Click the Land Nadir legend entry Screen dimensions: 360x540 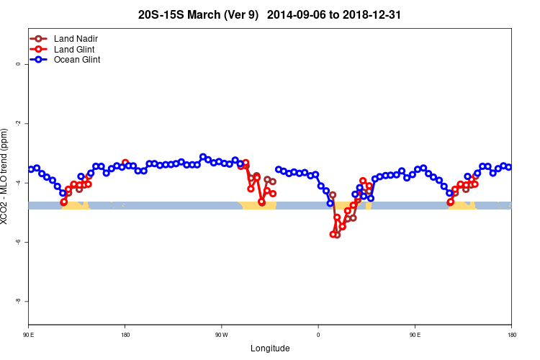pyautogui.click(x=76, y=38)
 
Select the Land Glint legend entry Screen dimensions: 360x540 pyautogui.click(x=74, y=49)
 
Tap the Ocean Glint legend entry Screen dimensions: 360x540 pyautogui.click(x=76, y=60)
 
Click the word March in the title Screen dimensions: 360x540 pyautogui.click(x=199, y=14)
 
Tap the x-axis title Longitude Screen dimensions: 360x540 pyautogui.click(x=270, y=348)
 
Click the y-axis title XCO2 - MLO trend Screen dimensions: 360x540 pyautogui.click(x=6, y=176)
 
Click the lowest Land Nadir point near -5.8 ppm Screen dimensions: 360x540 pyautogui.click(x=337, y=235)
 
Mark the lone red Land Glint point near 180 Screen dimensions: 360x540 pyautogui.click(x=125, y=163)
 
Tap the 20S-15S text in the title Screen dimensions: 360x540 pyautogui.click(x=160, y=14)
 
